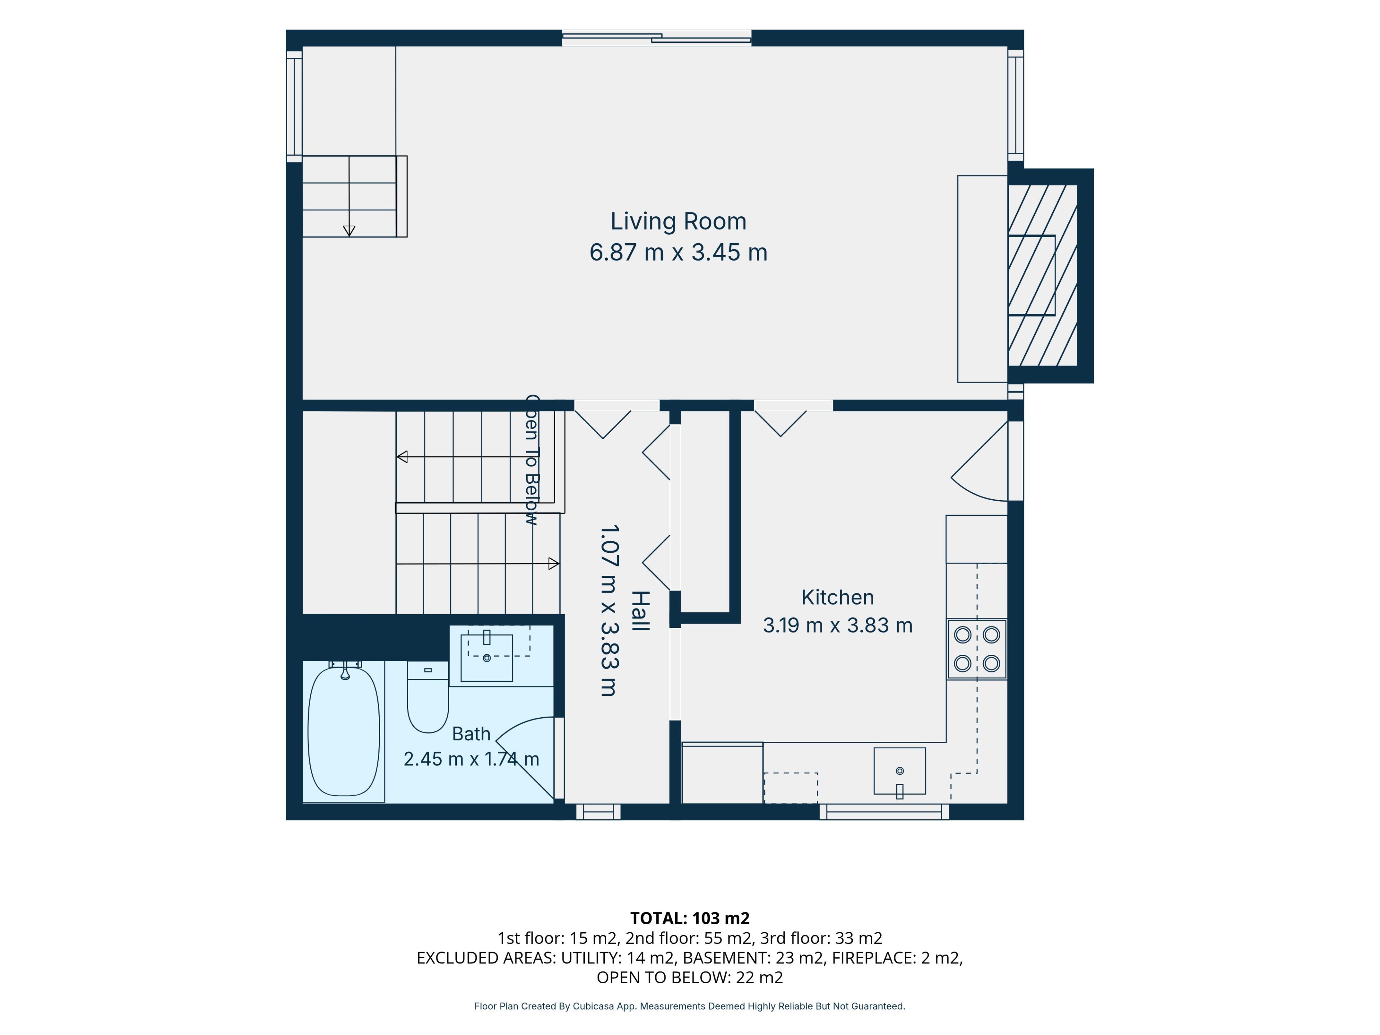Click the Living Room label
coord(678,221)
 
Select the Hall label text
coord(641,611)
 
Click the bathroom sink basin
coord(487,658)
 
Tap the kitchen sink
coord(900,771)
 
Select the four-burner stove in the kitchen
coord(977,649)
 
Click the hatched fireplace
coord(1043,275)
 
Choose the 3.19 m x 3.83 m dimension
coord(837,625)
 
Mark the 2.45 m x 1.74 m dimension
coord(471,759)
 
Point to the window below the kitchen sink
coord(884,812)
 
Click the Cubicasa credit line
coord(689,1006)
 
